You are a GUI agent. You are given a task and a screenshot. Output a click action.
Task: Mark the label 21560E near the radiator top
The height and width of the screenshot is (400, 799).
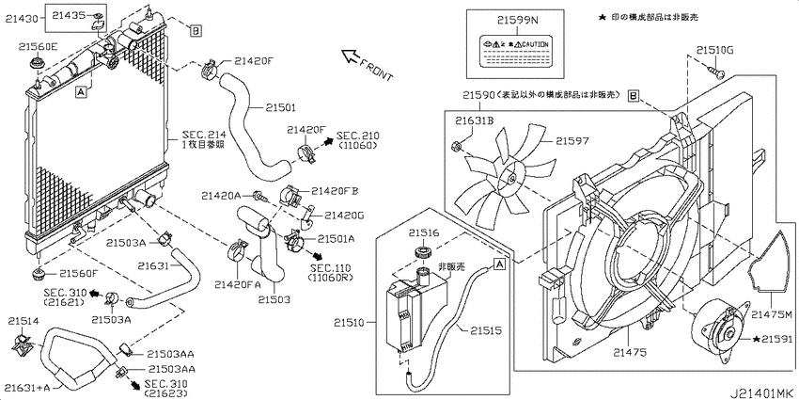pos(35,45)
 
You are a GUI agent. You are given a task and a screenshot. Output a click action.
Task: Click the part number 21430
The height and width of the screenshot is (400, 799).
pos(26,19)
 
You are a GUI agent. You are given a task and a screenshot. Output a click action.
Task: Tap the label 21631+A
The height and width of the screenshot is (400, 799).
pos(26,386)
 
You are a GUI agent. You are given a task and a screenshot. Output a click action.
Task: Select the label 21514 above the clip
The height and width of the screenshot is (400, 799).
pos(24,320)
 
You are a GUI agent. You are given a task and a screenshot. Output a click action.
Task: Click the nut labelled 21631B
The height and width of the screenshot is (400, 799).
pos(457,145)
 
